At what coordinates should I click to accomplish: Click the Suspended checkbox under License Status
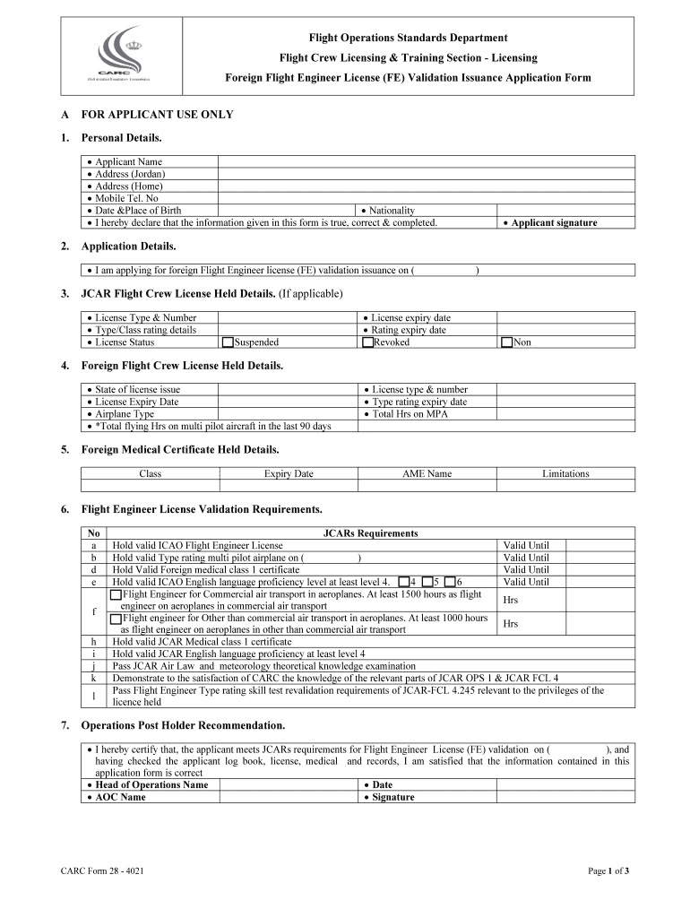(228, 342)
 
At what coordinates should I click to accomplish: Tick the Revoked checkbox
(367, 342)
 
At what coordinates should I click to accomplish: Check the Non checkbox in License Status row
(507, 342)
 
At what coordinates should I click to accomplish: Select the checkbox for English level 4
(404, 582)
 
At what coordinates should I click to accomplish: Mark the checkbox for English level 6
(450, 582)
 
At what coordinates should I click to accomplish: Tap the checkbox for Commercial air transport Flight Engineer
(116, 594)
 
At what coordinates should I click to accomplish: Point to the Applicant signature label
(554, 222)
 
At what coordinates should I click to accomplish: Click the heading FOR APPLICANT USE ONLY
(157, 115)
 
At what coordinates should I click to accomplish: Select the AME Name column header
(427, 473)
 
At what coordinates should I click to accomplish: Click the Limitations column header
(565, 473)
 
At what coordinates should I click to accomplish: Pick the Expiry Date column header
(289, 473)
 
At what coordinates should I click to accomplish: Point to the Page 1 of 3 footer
(608, 870)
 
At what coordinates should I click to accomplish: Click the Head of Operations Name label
(151, 784)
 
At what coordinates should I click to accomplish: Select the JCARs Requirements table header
(370, 533)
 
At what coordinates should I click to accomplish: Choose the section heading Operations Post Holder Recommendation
(183, 724)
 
